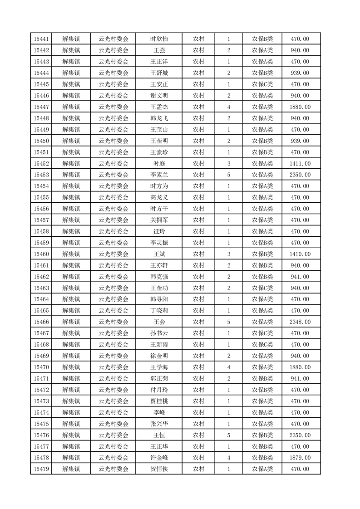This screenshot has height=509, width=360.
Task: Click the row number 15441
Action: pos(41,39)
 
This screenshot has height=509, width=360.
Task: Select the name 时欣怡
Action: pos(159,39)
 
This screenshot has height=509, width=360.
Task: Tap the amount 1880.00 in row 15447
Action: pos(300,107)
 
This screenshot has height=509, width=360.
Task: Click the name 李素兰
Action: pos(159,175)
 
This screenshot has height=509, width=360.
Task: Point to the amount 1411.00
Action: pos(300,163)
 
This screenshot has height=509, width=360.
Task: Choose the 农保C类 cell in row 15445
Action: pos(262,84)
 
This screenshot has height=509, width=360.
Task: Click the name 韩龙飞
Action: pos(159,118)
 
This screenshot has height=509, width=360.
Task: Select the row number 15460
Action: pos(41,254)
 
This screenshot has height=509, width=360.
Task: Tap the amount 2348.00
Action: pos(300,322)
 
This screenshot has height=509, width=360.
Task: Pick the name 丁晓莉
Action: pos(159,311)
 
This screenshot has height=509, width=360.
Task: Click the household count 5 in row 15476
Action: pos(228,435)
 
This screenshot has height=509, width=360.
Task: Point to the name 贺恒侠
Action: pos(159,469)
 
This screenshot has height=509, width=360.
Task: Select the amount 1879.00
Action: pos(300,458)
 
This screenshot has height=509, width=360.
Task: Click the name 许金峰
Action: pos(159,458)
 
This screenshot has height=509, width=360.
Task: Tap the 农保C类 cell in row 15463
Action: pos(262,288)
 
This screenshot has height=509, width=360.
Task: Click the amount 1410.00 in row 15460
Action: pos(300,254)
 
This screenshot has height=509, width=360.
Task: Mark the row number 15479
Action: pos(41,469)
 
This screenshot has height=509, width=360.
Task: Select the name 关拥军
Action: pos(159,220)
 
